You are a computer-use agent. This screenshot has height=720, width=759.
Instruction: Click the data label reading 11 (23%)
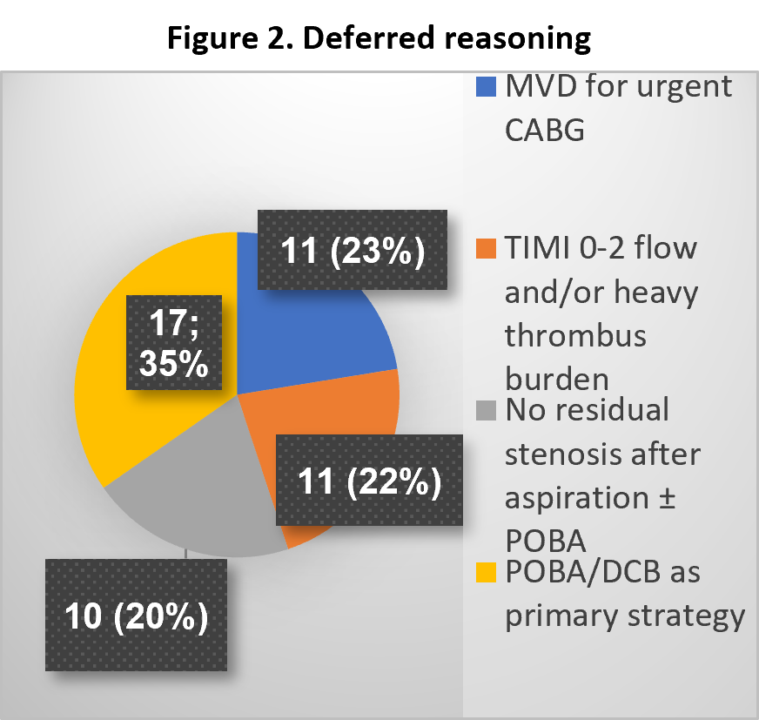point(353,250)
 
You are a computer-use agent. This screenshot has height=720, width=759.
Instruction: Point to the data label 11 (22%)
point(369,481)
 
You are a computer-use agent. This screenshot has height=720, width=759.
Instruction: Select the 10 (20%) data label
point(136,615)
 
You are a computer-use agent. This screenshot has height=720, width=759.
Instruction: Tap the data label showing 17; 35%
point(174,342)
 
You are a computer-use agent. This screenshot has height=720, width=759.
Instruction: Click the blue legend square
point(486,87)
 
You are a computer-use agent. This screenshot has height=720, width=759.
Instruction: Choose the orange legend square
point(486,248)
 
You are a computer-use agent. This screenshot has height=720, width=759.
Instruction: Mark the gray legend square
point(486,411)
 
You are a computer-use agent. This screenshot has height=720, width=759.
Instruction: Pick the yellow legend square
point(486,572)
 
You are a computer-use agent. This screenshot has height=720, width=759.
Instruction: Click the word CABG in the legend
point(545,131)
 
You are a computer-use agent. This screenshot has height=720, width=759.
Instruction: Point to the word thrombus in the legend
point(575,335)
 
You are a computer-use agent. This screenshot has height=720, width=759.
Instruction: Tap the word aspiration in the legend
point(577,499)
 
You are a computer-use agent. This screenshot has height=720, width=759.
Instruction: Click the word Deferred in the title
point(368,37)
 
